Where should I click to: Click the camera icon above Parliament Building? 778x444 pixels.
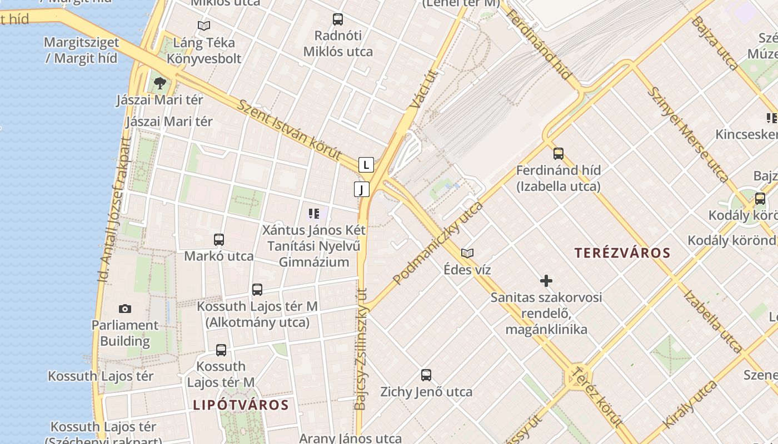point(125,309)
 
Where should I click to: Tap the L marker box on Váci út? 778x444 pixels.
point(366,165)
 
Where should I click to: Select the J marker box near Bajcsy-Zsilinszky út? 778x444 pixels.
point(362,189)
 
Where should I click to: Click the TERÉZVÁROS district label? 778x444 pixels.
point(622,253)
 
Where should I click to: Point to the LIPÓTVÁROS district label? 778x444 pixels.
point(241,405)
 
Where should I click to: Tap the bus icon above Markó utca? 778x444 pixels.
point(219,240)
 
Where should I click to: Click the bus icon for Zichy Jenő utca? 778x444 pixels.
point(426,375)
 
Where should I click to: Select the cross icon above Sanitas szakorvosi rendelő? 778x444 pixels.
point(546,281)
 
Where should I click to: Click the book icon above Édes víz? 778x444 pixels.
point(467,253)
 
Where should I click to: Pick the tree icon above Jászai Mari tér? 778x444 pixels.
point(159,83)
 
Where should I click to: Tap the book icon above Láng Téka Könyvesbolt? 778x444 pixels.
point(204,26)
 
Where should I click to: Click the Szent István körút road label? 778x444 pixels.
point(289,130)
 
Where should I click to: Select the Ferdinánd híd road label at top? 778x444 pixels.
point(540,44)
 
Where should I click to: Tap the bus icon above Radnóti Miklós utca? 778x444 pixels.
point(338,19)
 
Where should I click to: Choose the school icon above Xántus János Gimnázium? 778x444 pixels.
point(313,213)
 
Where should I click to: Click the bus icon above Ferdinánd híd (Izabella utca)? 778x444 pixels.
point(558,154)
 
